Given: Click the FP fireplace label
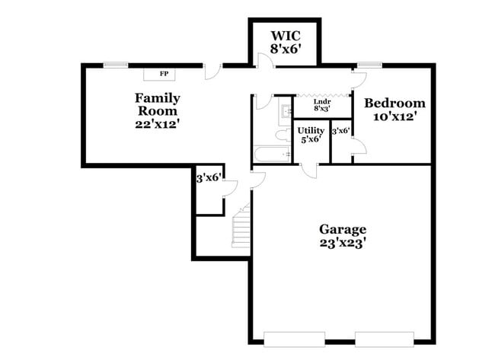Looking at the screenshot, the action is click(x=164, y=74).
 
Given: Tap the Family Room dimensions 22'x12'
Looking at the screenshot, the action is click(x=158, y=124).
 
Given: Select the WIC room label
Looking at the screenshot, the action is click(x=286, y=36).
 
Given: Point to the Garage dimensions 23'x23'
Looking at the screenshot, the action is click(x=343, y=244).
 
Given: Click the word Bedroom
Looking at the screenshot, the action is click(x=394, y=104).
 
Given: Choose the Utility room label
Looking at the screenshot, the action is click(x=311, y=130).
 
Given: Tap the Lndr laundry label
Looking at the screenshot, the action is click(x=322, y=101).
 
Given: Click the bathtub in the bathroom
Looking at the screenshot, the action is click(x=272, y=154).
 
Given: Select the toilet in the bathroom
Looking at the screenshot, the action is click(x=283, y=135).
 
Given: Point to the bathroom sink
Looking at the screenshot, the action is click(x=286, y=111).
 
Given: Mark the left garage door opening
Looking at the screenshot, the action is click(x=294, y=339).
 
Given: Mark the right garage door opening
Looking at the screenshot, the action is click(x=385, y=339).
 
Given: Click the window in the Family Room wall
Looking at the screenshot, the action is click(x=116, y=65).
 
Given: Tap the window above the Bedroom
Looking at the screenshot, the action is click(x=369, y=65).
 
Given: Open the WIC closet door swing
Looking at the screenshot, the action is click(x=265, y=60).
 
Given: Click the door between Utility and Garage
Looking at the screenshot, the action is click(x=308, y=170).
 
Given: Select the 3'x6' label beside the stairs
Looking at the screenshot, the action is click(x=209, y=178).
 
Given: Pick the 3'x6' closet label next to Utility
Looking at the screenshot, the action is click(x=341, y=131).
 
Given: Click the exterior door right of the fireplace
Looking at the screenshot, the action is click(x=212, y=72).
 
